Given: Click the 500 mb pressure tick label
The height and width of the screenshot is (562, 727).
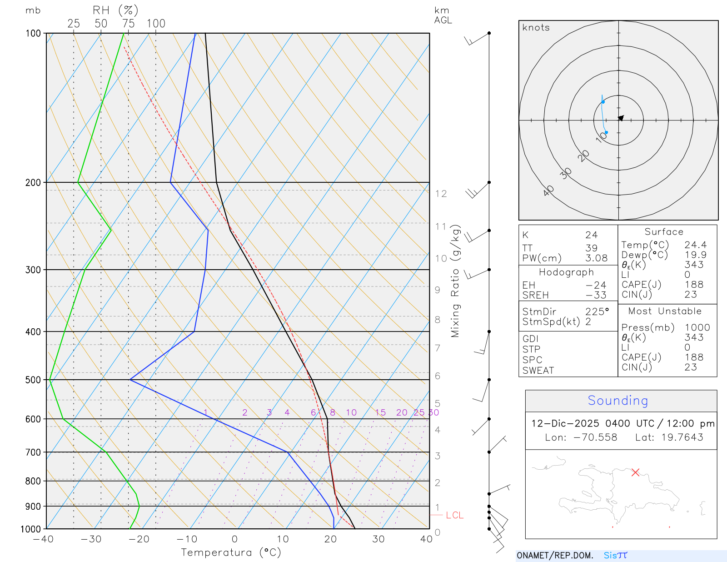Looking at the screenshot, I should pyautogui.click(x=33, y=380).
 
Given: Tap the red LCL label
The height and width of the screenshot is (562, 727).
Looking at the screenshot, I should pyautogui.click(x=454, y=515).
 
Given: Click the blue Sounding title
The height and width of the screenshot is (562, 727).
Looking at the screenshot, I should pyautogui.click(x=617, y=401).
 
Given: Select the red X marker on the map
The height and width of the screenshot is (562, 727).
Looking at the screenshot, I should pyautogui.click(x=635, y=472).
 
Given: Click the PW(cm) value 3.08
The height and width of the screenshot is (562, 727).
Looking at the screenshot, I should pyautogui.click(x=596, y=258).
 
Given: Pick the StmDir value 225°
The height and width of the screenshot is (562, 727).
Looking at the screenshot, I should pyautogui.click(x=597, y=312).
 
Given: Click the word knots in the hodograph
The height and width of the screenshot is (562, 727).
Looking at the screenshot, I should pyautogui.click(x=536, y=28).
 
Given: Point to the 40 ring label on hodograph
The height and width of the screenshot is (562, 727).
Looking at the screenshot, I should pyautogui.click(x=548, y=191).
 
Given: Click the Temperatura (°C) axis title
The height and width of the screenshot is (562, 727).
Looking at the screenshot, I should pyautogui.click(x=231, y=552).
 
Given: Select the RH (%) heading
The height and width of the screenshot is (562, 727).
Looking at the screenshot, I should pyautogui.click(x=115, y=10).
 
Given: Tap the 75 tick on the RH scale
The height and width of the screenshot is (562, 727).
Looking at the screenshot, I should pyautogui.click(x=128, y=24).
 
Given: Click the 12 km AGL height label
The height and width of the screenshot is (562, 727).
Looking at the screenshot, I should pyautogui.click(x=441, y=194).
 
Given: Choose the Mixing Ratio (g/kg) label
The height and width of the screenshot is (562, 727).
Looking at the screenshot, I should pyautogui.click(x=455, y=281).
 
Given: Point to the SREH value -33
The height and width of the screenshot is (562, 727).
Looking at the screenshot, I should pyautogui.click(x=596, y=295).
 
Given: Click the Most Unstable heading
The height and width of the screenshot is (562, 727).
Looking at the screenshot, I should pyautogui.click(x=665, y=311).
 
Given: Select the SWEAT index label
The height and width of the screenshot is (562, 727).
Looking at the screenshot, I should pyautogui.click(x=538, y=371).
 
